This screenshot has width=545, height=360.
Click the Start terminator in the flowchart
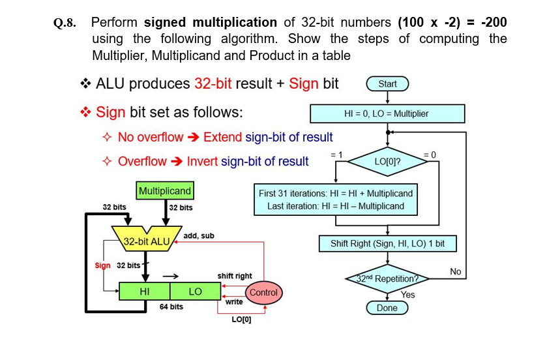387,83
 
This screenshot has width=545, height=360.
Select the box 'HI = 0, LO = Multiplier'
387,113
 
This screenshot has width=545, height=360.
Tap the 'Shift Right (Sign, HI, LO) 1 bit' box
387,244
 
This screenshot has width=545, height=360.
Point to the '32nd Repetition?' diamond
387,278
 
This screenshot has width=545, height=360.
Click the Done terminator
387,308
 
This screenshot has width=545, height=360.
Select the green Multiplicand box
164,191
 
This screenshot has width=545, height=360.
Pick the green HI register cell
145,291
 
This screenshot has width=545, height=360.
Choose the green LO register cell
195,291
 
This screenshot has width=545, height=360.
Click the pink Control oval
263,292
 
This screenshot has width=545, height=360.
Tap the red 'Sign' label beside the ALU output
103,265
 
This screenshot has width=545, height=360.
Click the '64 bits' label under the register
171,307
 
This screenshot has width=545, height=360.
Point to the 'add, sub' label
199,235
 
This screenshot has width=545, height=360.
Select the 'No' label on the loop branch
456,271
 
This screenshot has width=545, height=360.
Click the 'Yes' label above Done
407,295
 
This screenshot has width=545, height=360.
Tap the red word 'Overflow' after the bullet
141,162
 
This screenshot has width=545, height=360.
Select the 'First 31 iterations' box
336,200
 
